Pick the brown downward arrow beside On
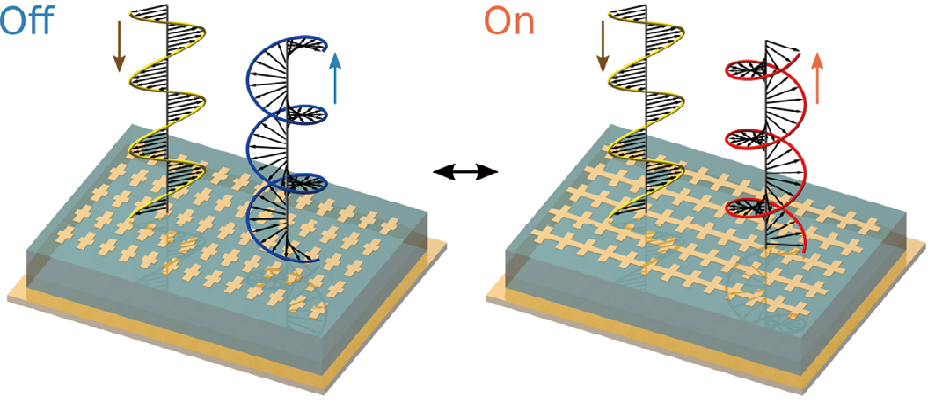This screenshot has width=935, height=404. [x=603, y=48]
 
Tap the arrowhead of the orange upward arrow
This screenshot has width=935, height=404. [x=818, y=58]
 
